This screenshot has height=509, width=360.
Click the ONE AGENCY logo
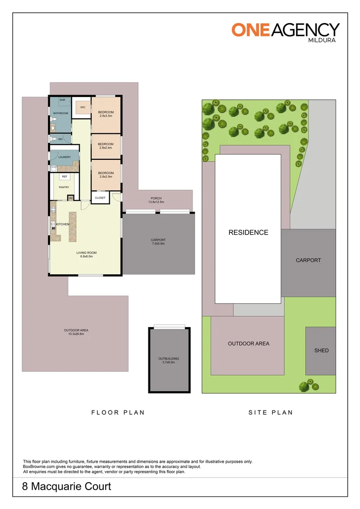(x=285, y=30)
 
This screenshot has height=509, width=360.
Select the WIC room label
(x=82, y=107)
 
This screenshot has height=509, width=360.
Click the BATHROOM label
(x=60, y=113)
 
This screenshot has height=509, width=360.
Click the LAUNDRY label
(x=65, y=157)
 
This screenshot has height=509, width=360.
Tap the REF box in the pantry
(x=65, y=177)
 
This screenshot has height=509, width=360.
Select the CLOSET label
(x=100, y=198)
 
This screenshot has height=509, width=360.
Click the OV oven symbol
(x=71, y=198)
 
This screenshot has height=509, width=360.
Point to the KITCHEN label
(x=63, y=224)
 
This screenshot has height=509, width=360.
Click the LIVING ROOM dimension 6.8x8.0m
(x=85, y=257)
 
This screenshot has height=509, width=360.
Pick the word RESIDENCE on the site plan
(x=248, y=232)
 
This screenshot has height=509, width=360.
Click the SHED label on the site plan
(x=321, y=351)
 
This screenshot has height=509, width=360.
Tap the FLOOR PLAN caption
(x=118, y=412)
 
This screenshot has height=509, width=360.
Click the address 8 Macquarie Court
(x=67, y=486)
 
